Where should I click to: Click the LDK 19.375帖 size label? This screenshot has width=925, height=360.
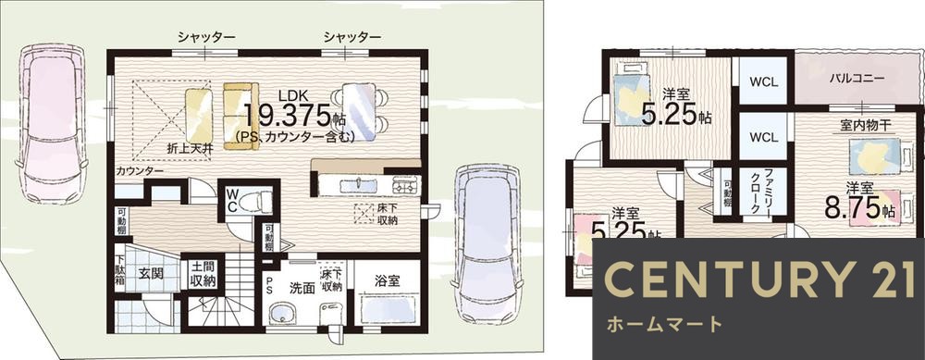[294, 115]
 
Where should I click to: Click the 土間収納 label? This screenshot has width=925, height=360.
[203, 274]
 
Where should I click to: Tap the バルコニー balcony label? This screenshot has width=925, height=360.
[856, 79]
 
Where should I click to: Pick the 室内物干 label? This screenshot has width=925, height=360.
[865, 125]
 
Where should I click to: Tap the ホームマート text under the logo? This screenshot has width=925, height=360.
[663, 325]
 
